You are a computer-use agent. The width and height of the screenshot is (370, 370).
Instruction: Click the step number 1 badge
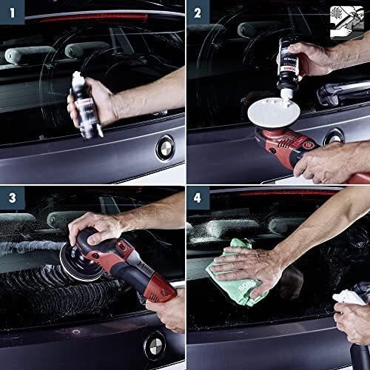coord(11,12)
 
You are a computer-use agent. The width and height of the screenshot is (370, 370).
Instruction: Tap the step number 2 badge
coord(198,12)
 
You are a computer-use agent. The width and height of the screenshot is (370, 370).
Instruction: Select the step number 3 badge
coord(11,198)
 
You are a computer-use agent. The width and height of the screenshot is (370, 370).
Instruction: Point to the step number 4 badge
coord(198,198)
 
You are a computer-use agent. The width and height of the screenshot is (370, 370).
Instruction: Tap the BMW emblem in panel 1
coord(164,147)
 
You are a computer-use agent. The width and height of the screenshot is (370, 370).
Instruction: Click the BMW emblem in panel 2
coord(334,137)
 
